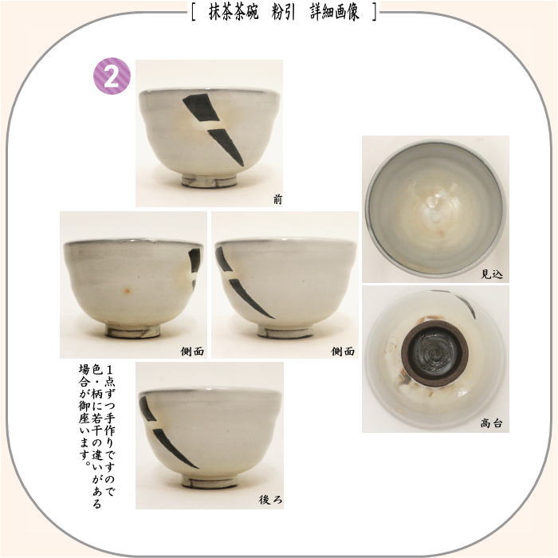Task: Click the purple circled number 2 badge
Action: (112, 77)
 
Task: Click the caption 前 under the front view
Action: (277, 200)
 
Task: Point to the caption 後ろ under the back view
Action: (270, 500)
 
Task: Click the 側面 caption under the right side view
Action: (343, 351)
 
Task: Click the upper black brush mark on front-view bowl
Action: (202, 108)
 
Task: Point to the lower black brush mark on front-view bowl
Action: (226, 146)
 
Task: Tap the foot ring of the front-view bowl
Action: (209, 181)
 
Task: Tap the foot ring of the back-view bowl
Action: (209, 482)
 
